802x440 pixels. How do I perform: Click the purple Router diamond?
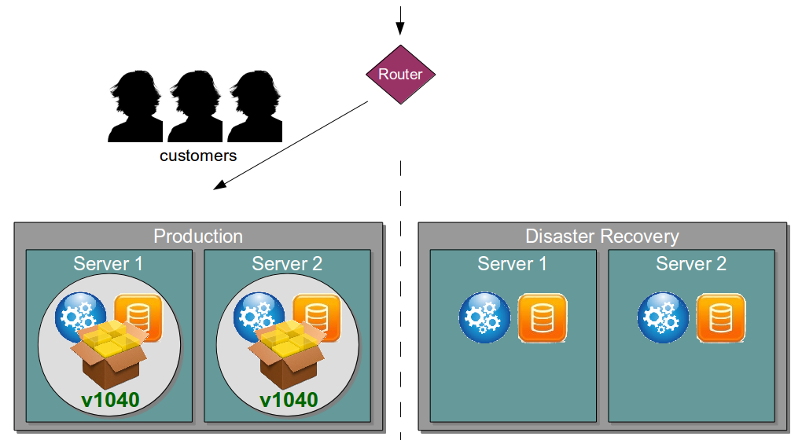pos(400,75)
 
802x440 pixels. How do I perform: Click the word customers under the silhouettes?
pos(198,156)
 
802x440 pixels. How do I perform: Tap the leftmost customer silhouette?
pos(135,106)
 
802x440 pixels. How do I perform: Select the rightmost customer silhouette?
pos(256,106)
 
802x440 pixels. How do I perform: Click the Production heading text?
pos(198,236)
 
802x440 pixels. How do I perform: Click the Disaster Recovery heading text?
pos(601,236)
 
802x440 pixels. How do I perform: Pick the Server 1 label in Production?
pos(109,263)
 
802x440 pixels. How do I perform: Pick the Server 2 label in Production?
pos(287,263)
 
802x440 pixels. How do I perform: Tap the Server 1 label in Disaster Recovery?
pos(512,263)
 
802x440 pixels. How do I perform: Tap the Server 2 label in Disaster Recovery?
pos(691,263)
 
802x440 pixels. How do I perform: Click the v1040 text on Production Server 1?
pos(110,400)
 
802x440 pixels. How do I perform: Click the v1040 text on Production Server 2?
pos(289,400)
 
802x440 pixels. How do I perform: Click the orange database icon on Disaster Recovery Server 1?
pos(542,317)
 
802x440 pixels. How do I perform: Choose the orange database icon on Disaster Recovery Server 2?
pos(720,317)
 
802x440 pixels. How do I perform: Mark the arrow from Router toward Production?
pos(291,145)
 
